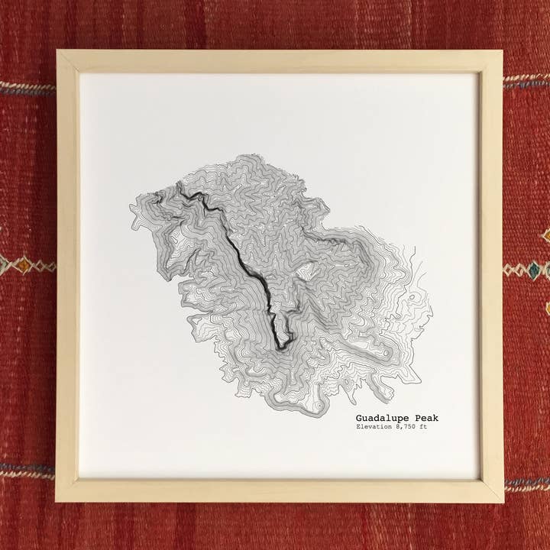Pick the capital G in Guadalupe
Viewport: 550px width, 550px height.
point(358,418)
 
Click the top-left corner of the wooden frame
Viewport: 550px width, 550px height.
point(58,52)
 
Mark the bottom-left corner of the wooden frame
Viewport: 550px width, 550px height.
point(58,500)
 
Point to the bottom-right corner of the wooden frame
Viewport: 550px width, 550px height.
point(501,500)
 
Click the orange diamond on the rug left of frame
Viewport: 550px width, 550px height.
point(24,265)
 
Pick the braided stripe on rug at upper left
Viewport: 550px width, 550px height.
point(27,89)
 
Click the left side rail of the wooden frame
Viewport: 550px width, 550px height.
point(67,275)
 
